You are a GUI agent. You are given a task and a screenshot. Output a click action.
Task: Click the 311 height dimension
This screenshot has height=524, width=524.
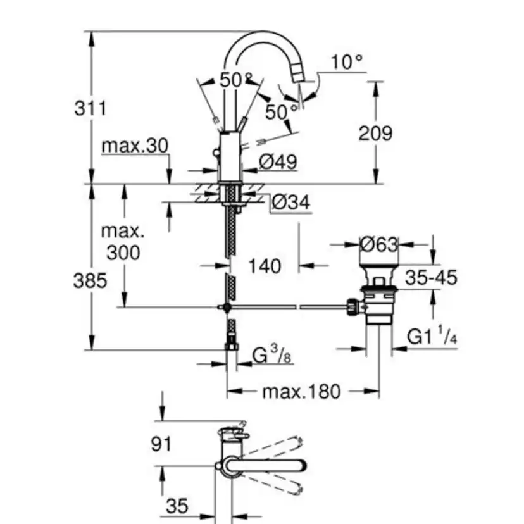coord(90,108)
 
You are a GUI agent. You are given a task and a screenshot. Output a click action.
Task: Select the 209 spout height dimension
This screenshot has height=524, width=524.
coord(375,133)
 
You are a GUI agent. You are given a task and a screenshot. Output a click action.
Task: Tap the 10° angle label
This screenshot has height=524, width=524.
coord(347,62)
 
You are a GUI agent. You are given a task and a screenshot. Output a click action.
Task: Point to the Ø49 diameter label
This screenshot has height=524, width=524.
coord(278,162)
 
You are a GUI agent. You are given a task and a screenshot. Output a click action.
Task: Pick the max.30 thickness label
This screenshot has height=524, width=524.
coord(135,146)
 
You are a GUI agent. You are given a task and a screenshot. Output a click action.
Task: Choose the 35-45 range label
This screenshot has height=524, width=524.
coord(431,277)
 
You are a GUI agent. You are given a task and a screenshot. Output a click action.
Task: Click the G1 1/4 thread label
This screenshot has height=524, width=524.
coord(432,337)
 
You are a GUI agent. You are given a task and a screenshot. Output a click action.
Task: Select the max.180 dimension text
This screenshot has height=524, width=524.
coord(301,391)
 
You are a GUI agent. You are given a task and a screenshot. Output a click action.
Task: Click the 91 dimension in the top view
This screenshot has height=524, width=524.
coord(161,444)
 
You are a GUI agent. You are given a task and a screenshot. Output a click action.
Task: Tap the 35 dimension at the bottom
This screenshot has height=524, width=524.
coord(177,506)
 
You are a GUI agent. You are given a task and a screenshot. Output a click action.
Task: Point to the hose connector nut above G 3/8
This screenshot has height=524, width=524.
coord(232,346)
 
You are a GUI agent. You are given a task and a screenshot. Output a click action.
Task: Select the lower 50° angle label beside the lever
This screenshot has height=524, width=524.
coord(281,112)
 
